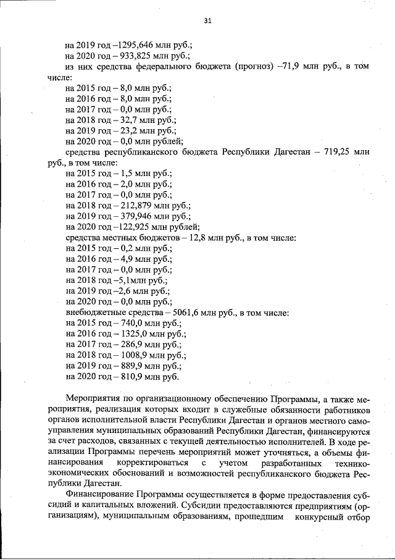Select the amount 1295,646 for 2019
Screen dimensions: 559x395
tap(135, 46)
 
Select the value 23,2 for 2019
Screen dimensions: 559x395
tap(125, 130)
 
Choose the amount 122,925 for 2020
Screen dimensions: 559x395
tap(130, 227)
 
